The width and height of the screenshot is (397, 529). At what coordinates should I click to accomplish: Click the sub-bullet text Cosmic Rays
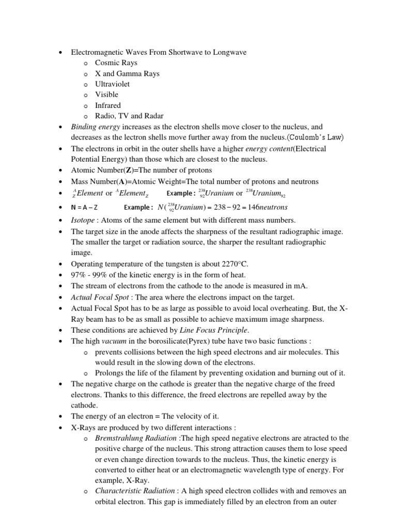pyautogui.click(x=116, y=63)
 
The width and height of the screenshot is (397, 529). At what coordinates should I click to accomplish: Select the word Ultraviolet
pyautogui.click(x=113, y=84)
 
